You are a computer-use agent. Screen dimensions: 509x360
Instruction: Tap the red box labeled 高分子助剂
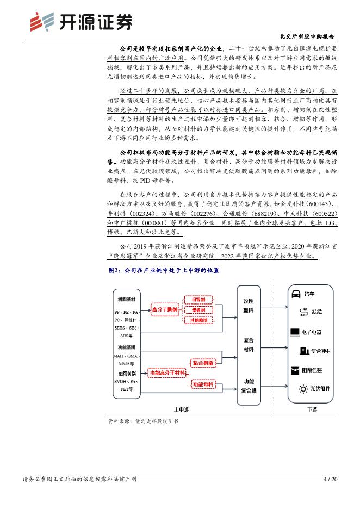click(164, 309)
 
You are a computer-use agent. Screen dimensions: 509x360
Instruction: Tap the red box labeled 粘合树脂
click(202, 362)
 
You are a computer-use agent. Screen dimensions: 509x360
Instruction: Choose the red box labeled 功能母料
click(202, 384)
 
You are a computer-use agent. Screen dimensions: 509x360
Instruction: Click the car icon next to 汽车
click(296, 294)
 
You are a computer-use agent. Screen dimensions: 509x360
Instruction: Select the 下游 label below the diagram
click(312, 409)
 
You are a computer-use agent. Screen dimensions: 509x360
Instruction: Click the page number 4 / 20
click(330, 479)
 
